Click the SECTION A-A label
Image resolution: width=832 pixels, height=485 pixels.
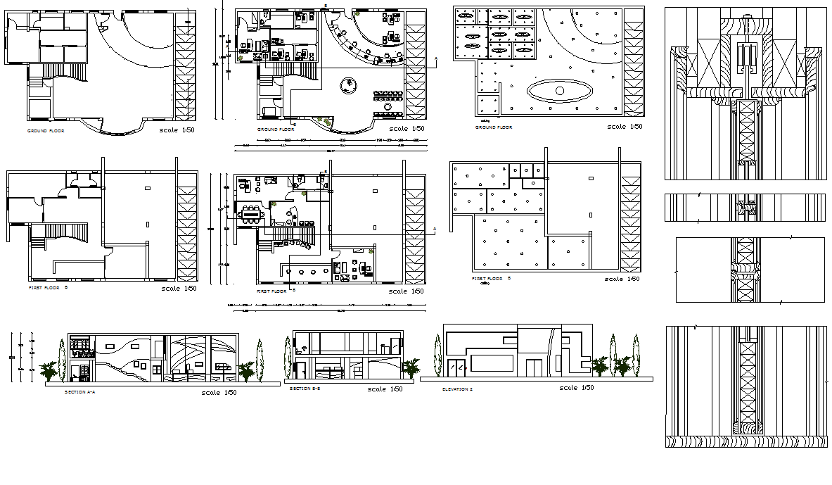pyautogui.click(x=79, y=391)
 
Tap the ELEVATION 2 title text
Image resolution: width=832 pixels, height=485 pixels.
pyautogui.click(x=457, y=389)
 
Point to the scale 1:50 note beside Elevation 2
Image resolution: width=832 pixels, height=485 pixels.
pyautogui.click(x=577, y=387)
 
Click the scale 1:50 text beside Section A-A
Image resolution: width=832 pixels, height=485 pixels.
pyautogui.click(x=219, y=392)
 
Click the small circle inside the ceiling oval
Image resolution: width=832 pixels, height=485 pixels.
pyautogui.click(x=560, y=91)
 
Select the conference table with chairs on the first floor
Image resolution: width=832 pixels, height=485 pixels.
pyautogui.click(x=250, y=213)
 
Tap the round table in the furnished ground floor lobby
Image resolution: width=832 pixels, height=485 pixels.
pyautogui.click(x=347, y=85)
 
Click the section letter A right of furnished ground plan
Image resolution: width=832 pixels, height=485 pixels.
pyautogui.click(x=436, y=59)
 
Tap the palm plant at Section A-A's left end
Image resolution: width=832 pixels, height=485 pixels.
pyautogui.click(x=49, y=370)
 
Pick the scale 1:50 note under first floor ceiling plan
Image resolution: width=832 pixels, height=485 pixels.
pyautogui.click(x=622, y=279)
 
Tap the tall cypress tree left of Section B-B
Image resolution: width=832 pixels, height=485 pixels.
pyautogui.click(x=288, y=358)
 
